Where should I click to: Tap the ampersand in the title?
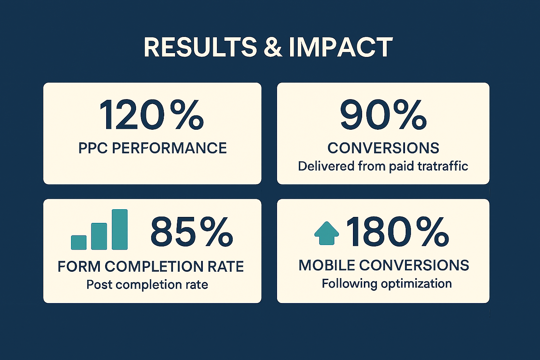273,47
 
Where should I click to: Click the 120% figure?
152,115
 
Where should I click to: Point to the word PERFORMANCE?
169,148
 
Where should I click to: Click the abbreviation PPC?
93,148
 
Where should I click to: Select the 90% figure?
383,115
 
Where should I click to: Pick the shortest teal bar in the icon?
79,242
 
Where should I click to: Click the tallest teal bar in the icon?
120,229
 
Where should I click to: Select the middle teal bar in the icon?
99,236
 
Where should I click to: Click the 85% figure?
192,231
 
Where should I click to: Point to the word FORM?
79,266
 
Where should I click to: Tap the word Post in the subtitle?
99,284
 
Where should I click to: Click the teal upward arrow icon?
327,233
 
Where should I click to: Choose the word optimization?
416,284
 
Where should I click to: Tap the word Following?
349,284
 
